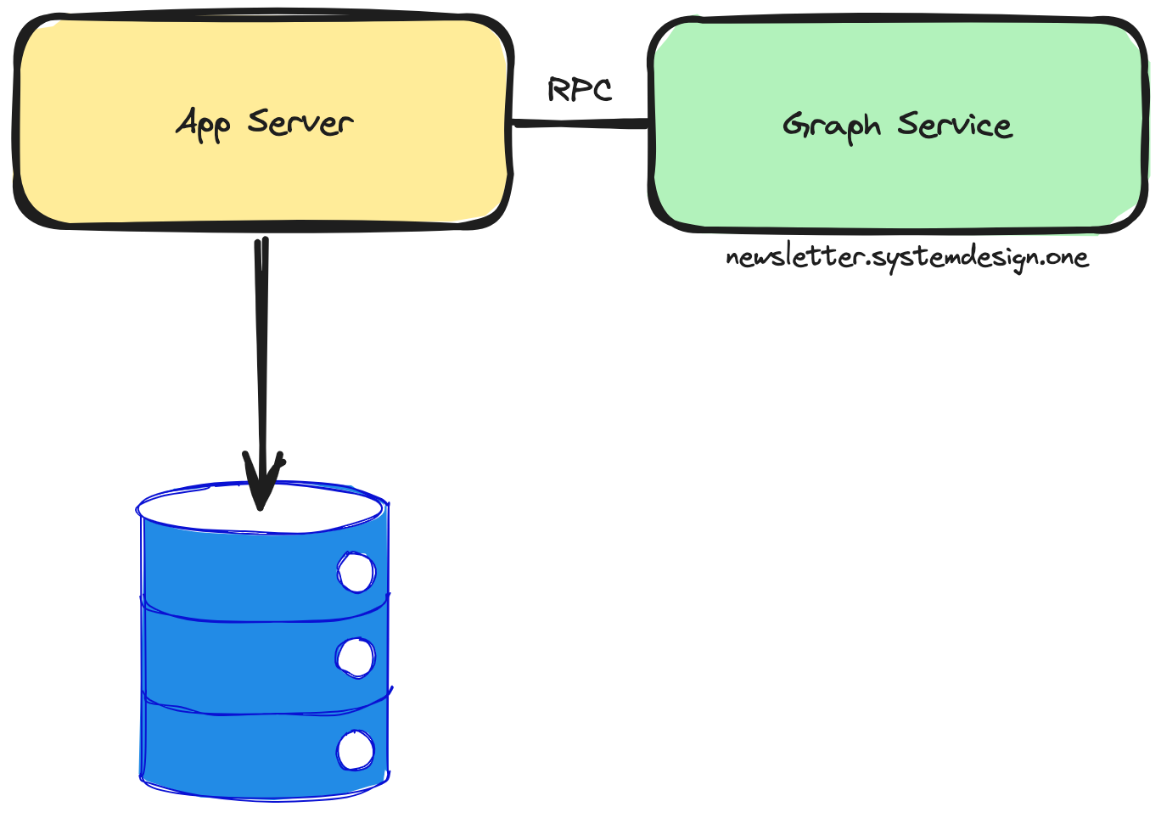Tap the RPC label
click(x=580, y=89)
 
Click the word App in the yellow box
click(x=204, y=124)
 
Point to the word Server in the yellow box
click(x=300, y=122)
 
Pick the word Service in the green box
click(x=955, y=125)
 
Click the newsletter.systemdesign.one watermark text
click(x=906, y=256)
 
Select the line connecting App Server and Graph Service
click(x=580, y=124)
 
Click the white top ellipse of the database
click(x=204, y=509)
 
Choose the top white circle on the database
click(x=356, y=572)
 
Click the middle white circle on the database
click(x=356, y=658)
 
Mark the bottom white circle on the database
click(x=356, y=751)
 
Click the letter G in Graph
click(x=795, y=126)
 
